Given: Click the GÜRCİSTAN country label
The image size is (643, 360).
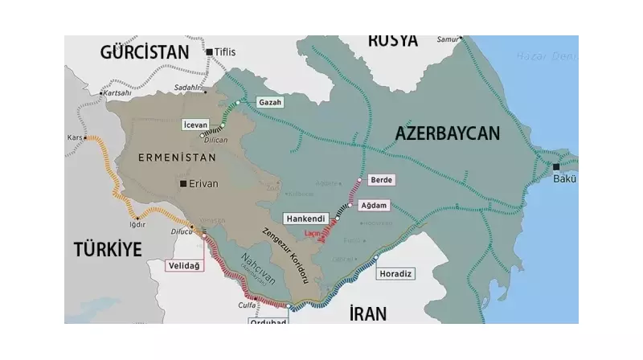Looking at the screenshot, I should [145, 52].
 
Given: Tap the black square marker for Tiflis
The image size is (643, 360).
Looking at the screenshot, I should [209, 52].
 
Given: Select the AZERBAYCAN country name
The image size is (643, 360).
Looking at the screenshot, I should [448, 133].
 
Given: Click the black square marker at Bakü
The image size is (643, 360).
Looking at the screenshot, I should [556, 167].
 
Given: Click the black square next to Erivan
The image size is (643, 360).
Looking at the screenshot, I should [184, 184].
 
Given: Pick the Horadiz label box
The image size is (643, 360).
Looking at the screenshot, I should [396, 274].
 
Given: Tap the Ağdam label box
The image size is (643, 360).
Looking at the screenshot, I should [375, 206].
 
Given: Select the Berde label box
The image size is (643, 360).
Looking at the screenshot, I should [381, 180].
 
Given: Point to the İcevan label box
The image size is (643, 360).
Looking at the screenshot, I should [196, 125].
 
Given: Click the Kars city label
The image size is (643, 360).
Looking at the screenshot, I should [76, 137].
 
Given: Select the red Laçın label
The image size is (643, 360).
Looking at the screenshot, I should [314, 233].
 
